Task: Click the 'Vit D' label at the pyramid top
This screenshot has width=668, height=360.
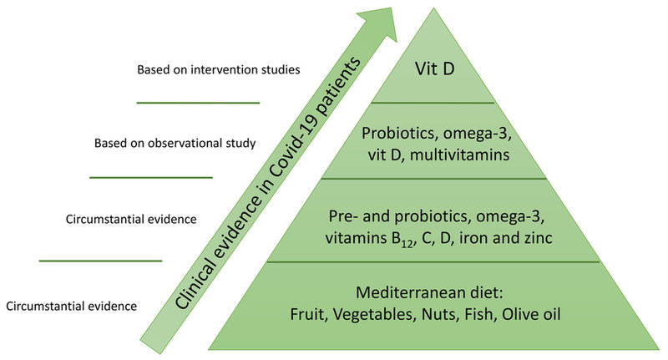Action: [434, 69]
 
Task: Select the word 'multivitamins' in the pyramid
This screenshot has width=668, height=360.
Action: [460, 155]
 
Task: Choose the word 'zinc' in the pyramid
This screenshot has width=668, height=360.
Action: [538, 237]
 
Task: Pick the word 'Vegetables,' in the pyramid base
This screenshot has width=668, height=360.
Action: [374, 315]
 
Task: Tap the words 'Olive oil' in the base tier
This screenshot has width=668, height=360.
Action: [531, 314]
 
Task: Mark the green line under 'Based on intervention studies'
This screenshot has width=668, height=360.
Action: [198, 103]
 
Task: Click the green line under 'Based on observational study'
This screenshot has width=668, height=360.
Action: [151, 177]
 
